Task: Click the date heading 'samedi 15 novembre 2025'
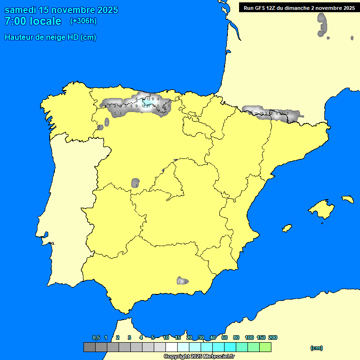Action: coord(61,10)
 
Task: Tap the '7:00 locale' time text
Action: coord(33,21)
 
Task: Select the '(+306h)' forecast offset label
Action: coord(83,21)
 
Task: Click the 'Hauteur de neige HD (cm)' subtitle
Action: coord(50,37)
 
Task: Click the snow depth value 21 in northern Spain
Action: coord(149,106)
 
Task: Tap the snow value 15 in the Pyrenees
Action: coord(256,113)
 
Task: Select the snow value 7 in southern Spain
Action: coord(180,282)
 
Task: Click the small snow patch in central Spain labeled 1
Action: coord(136,183)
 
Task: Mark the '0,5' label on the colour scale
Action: coord(96,337)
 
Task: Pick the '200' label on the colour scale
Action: coord(273,337)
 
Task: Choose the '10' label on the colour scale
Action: coord(166,337)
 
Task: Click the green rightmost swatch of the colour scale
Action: coord(265,347)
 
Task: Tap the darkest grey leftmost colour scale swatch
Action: coord(90,347)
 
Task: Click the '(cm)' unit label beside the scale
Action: coord(316,348)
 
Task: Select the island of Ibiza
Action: coord(287,228)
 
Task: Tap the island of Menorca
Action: coord(347,199)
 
